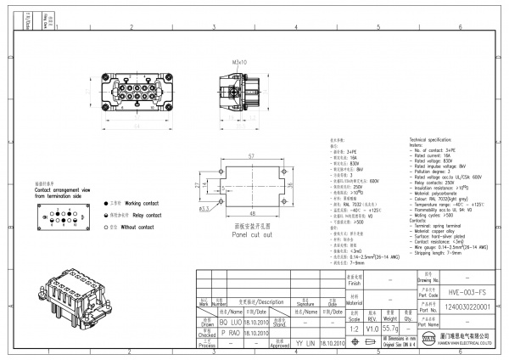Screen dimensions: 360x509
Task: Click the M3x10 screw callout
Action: click(240, 62)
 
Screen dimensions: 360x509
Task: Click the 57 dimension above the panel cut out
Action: click(251, 157)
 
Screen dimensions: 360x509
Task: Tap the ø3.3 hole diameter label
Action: click(204, 206)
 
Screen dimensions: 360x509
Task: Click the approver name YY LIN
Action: click(305, 344)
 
